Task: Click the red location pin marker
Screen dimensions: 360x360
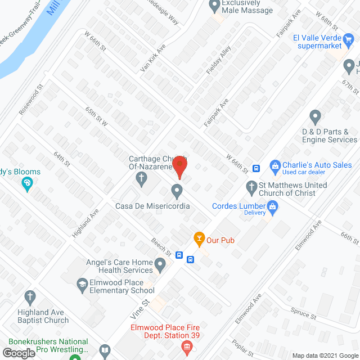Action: pyautogui.click(x=179, y=164)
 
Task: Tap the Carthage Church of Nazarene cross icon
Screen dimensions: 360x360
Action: pyautogui.click(x=141, y=180)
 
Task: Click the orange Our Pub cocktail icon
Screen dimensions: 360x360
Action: pyautogui.click(x=198, y=238)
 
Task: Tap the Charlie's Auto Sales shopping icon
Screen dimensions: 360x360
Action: pyautogui.click(x=275, y=165)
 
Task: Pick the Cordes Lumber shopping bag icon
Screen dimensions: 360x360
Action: pyautogui.click(x=273, y=206)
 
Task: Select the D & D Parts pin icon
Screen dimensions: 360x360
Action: pyautogui.click(x=315, y=118)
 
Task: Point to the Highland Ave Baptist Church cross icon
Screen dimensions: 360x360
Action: pyautogui.click(x=30, y=296)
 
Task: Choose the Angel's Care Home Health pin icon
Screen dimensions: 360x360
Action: pyautogui.click(x=161, y=264)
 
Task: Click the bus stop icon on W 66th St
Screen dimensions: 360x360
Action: pyautogui.click(x=256, y=168)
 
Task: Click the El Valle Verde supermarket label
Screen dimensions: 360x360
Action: pyautogui.click(x=325, y=41)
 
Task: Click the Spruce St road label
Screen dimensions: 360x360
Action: pyautogui.click(x=304, y=313)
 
